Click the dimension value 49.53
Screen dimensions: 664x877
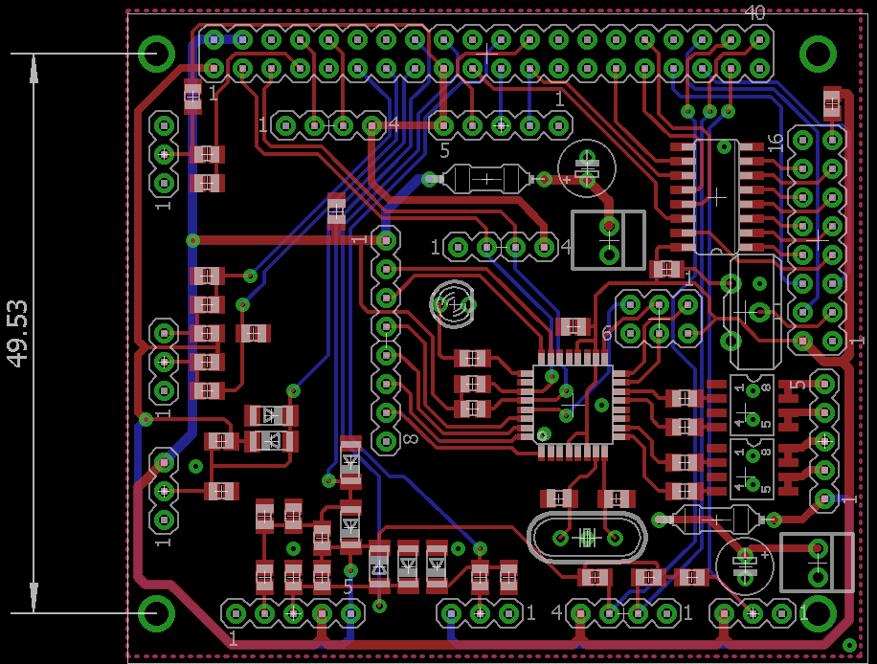pos(18,332)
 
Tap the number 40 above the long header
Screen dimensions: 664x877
pos(754,13)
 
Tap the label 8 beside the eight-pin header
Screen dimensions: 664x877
pos(410,439)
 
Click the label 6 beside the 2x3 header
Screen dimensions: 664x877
pos(606,332)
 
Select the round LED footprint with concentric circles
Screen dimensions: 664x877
pos(452,303)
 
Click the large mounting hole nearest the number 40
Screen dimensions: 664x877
pos(818,54)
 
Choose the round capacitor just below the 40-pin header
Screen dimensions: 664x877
pos(585,168)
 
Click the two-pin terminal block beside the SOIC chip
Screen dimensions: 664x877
pos(608,239)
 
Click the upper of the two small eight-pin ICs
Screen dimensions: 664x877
pos(752,404)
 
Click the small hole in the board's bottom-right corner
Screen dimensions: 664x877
pos(849,645)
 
